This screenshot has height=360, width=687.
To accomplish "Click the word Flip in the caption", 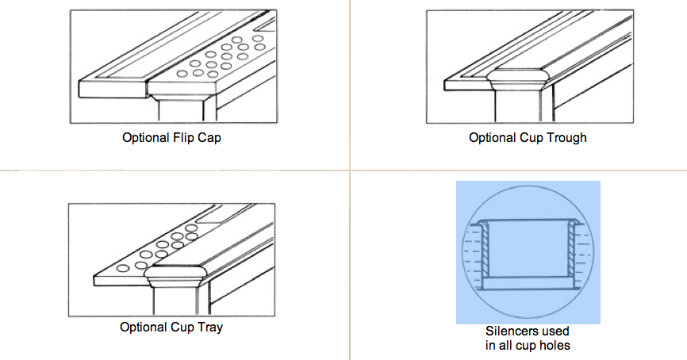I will tap(182, 137).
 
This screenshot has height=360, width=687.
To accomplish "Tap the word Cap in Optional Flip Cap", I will tap(208, 137).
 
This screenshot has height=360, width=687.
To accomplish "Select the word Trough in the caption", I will tap(567, 137).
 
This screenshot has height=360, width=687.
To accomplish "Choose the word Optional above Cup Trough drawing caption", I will tap(493, 137).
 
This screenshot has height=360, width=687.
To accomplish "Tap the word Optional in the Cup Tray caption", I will tap(144, 327).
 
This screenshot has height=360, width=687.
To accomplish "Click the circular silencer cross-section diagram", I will tap(528, 252).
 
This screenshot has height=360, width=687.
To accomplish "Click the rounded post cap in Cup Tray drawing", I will tap(178, 274).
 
